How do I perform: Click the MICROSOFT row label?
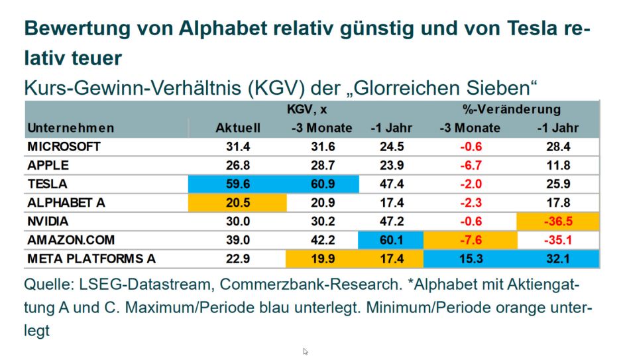(x=64, y=147)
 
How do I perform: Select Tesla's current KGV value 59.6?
(x=238, y=184)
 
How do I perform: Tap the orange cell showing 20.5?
(x=238, y=203)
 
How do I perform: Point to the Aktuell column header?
(x=238, y=128)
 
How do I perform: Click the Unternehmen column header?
(x=70, y=128)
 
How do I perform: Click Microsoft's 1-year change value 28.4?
(x=560, y=147)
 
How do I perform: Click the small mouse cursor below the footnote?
(x=306, y=352)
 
